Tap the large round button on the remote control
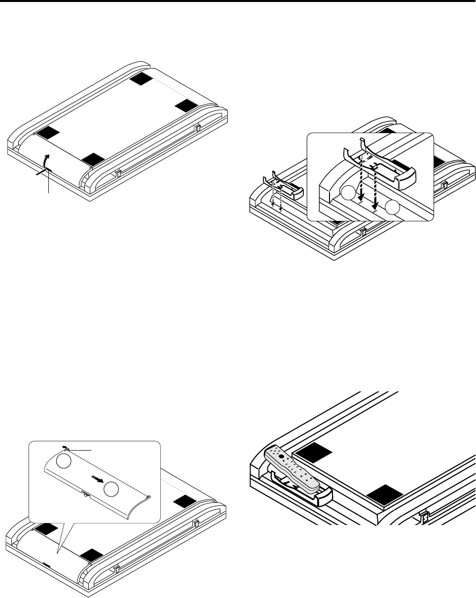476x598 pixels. (x=281, y=457)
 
